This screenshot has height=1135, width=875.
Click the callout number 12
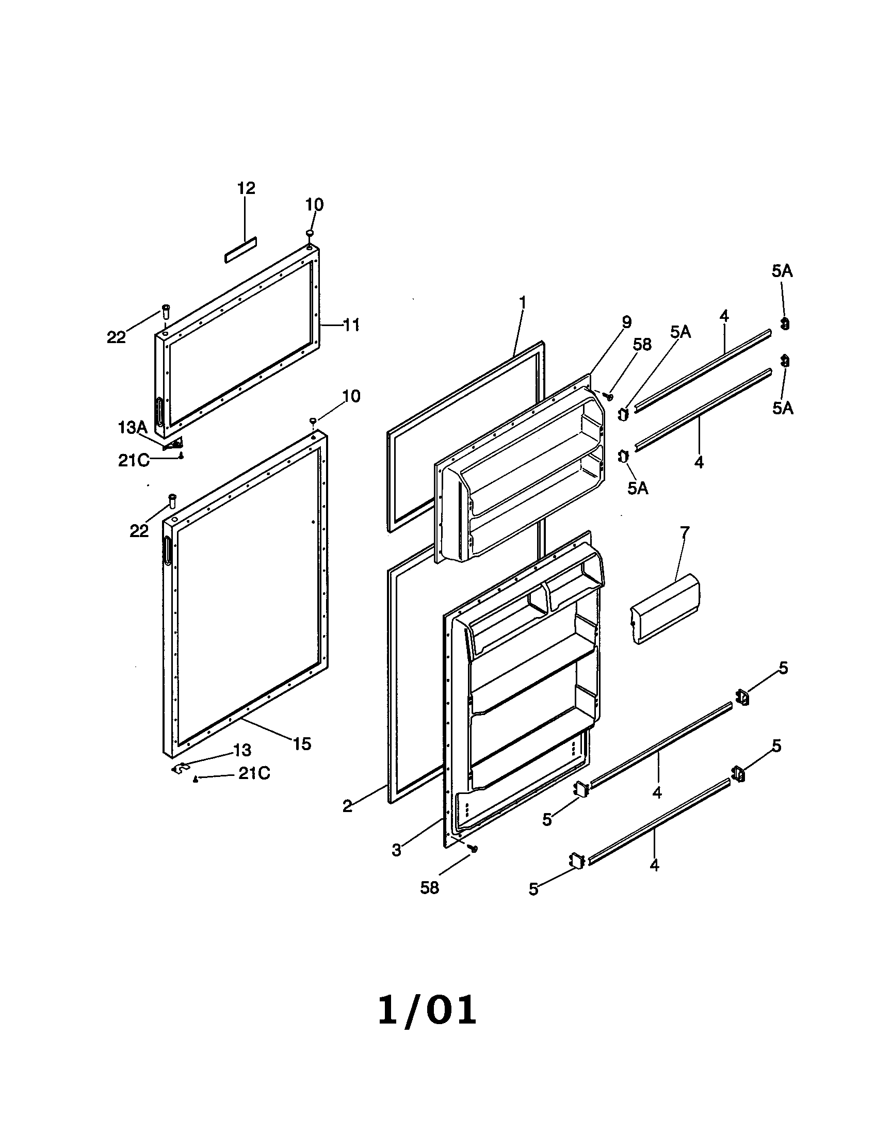[x=246, y=188]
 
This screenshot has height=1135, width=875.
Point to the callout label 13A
[x=133, y=428]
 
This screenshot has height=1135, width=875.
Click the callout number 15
[x=301, y=743]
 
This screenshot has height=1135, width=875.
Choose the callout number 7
[x=684, y=532]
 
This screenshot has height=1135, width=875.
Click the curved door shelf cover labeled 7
[x=665, y=609]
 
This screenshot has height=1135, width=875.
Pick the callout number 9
[x=627, y=322]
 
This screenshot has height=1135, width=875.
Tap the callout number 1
[x=523, y=302]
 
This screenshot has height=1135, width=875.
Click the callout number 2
[x=348, y=806]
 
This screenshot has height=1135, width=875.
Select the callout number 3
[x=396, y=850]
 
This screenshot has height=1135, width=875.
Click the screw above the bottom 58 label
[x=473, y=848]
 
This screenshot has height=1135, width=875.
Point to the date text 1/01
[x=427, y=1010]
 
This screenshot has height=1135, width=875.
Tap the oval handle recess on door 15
[x=168, y=550]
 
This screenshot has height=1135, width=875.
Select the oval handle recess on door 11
[x=159, y=412]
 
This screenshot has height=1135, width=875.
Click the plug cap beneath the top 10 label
[x=310, y=233]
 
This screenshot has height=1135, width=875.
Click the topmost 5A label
[x=782, y=271]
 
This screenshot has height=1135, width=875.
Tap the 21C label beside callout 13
[x=254, y=774]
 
